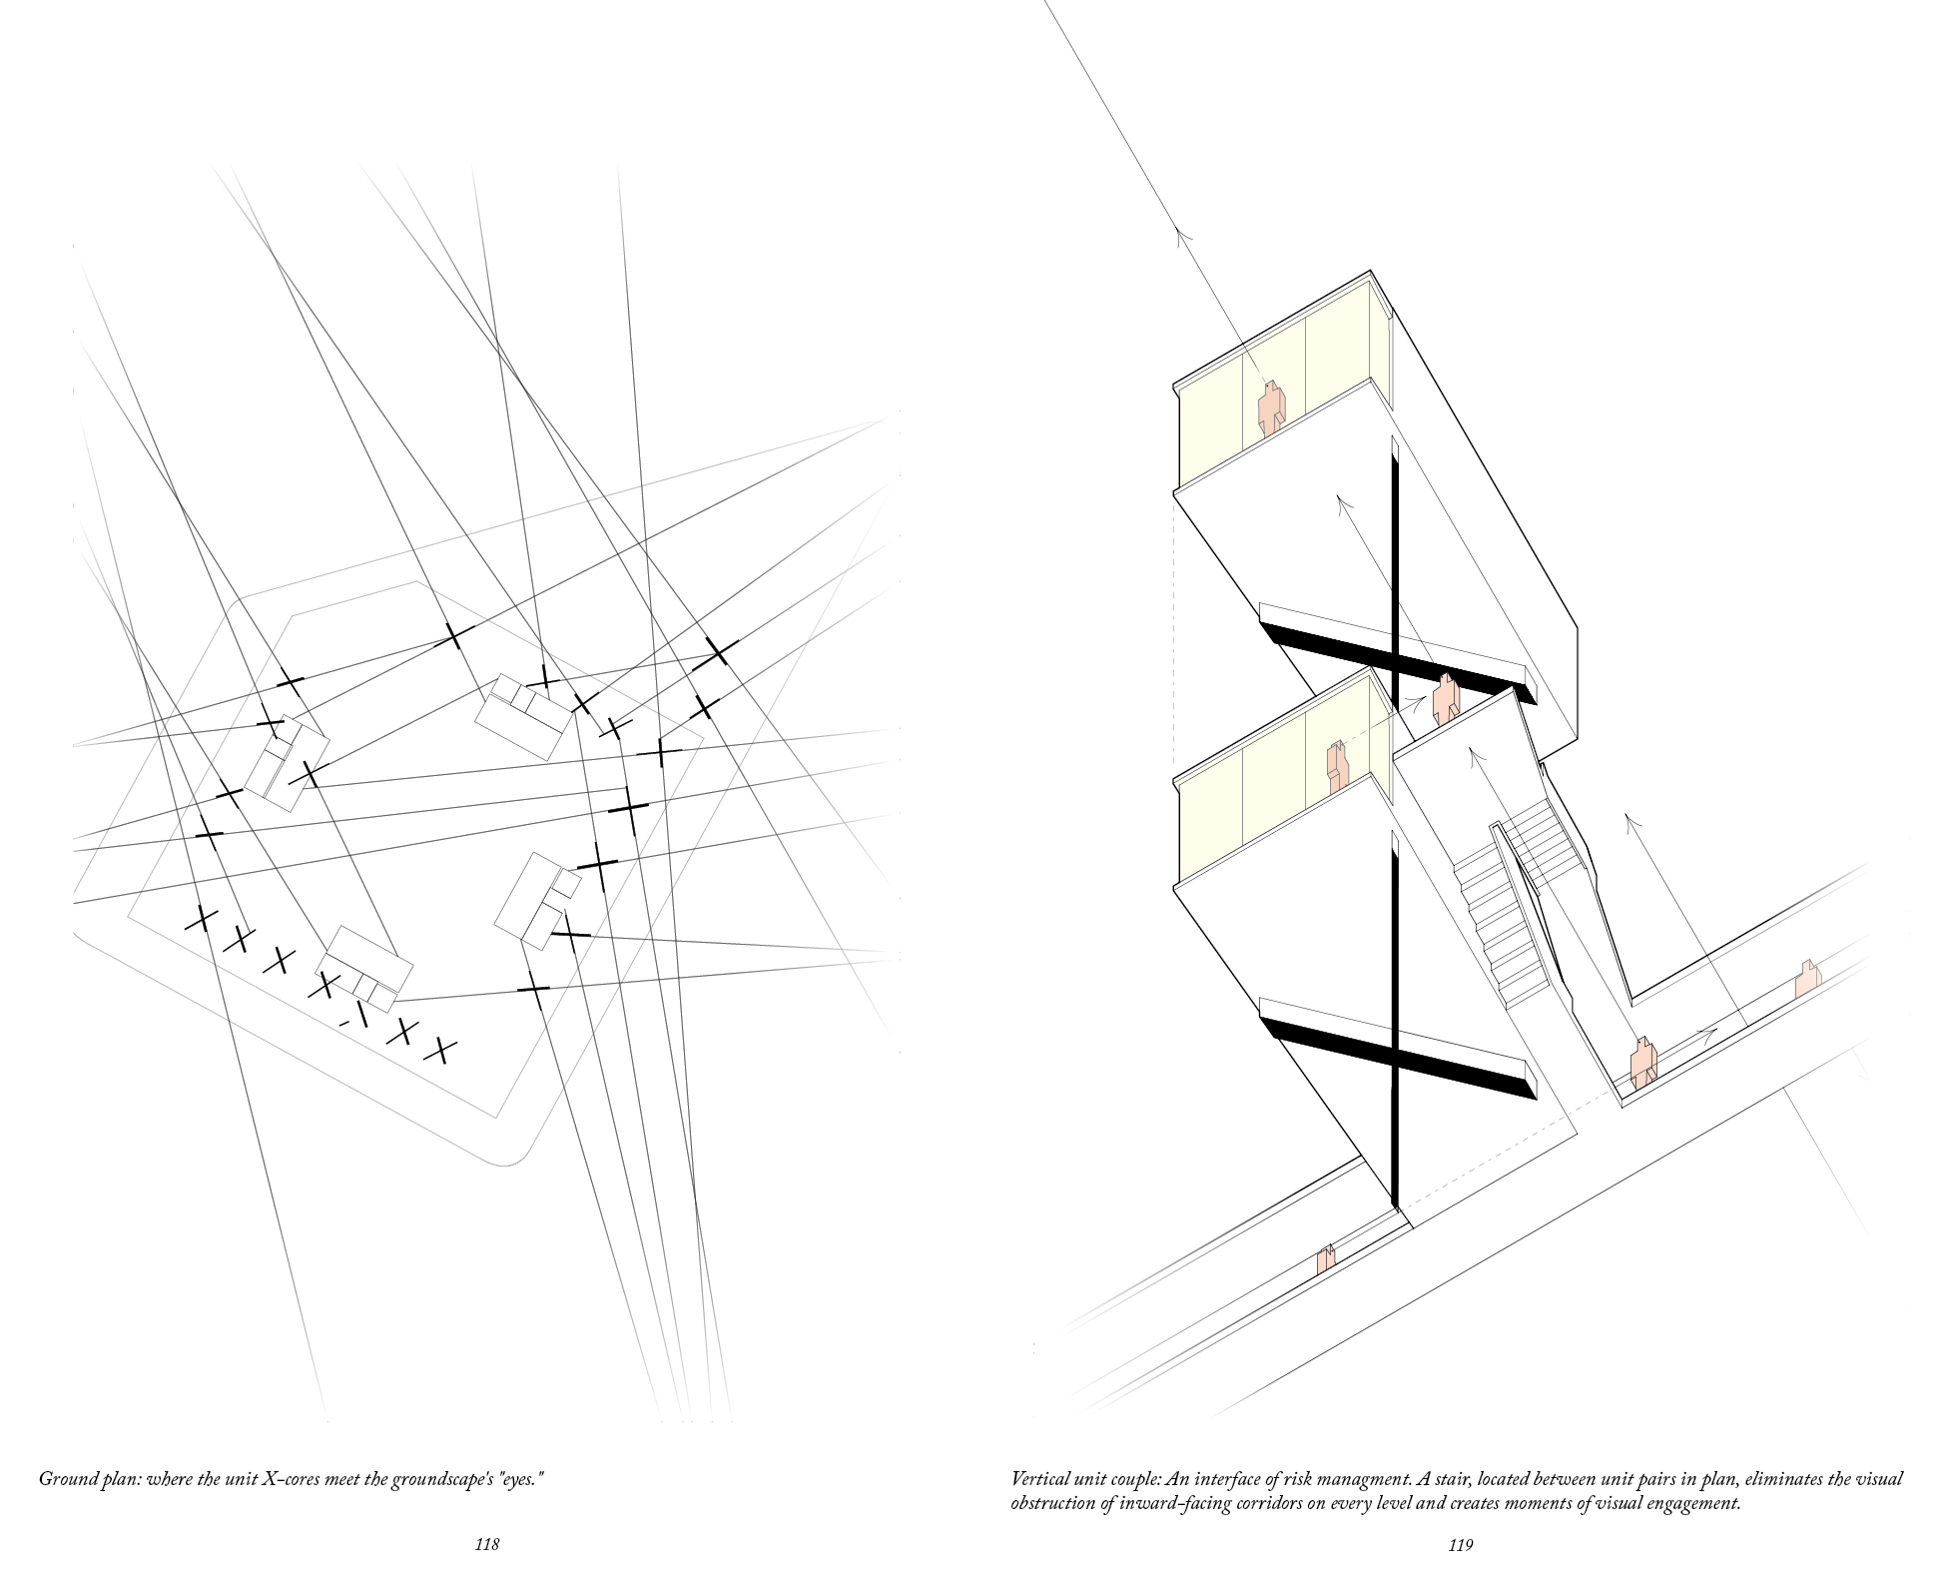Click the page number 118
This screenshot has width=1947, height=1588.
[x=486, y=1545]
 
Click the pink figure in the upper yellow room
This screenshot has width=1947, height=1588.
[x=1269, y=408]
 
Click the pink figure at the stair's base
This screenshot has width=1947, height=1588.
[x=1643, y=1063]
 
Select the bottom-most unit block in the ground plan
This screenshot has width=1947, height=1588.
[x=364, y=965]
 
